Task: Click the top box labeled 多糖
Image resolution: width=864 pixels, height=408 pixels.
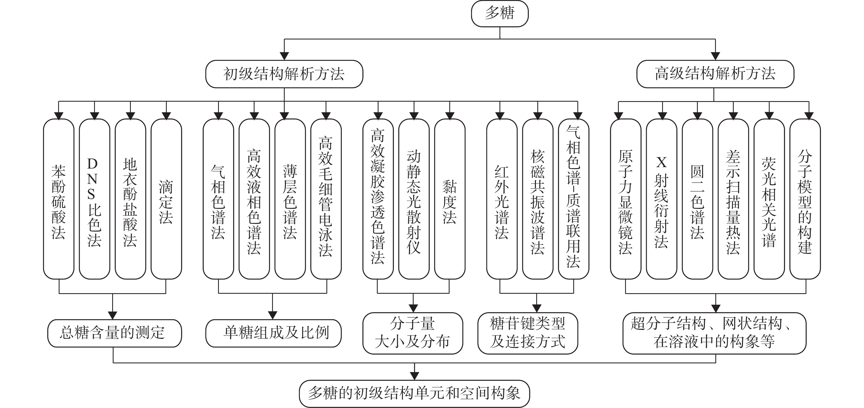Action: click(500, 14)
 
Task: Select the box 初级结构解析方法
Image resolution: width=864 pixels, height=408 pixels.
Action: click(284, 74)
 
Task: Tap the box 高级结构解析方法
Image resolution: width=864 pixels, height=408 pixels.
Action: click(715, 74)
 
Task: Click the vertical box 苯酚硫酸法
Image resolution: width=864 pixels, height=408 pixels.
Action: click(59, 199)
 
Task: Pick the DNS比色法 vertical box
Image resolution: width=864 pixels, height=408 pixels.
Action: click(95, 199)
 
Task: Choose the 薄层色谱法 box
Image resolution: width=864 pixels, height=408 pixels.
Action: click(290, 199)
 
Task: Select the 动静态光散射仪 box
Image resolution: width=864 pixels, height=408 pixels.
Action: click(414, 199)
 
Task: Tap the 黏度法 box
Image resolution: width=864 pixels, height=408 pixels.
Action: click(450, 199)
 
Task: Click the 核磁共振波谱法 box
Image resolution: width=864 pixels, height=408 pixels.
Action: click(538, 199)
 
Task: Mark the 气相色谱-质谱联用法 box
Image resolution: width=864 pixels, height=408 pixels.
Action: click(574, 199)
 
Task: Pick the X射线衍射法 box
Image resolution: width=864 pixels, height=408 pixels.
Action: click(661, 199)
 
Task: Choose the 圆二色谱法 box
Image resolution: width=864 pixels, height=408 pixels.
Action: click(697, 199)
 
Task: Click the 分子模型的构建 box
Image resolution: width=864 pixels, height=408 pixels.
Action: click(805, 199)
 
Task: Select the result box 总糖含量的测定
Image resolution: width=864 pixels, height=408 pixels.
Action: click(114, 333)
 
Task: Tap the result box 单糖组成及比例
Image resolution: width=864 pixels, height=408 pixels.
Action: click(273, 333)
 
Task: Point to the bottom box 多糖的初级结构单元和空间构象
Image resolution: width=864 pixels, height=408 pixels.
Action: click(414, 393)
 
